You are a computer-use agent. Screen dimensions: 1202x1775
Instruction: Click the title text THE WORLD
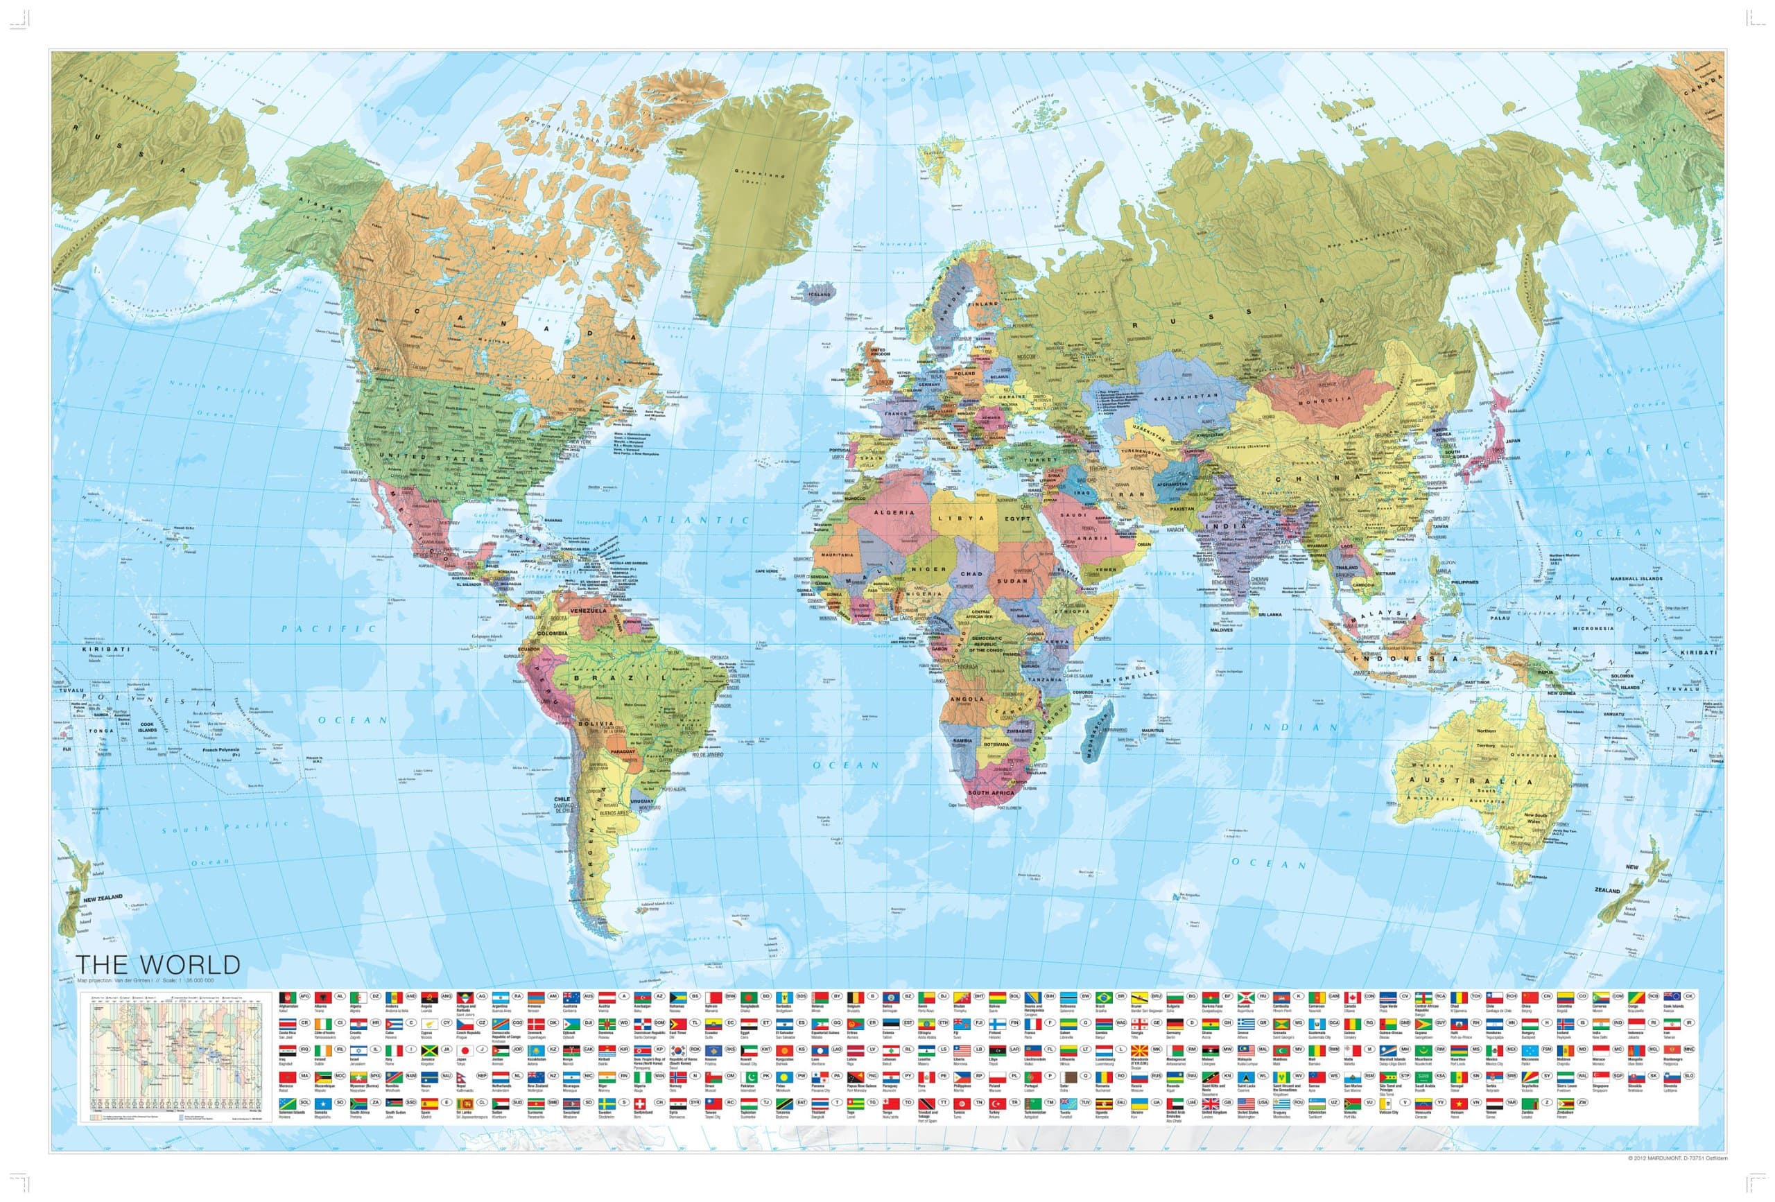pyautogui.click(x=158, y=964)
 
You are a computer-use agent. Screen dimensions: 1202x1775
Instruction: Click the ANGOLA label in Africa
pyautogui.click(x=969, y=698)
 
